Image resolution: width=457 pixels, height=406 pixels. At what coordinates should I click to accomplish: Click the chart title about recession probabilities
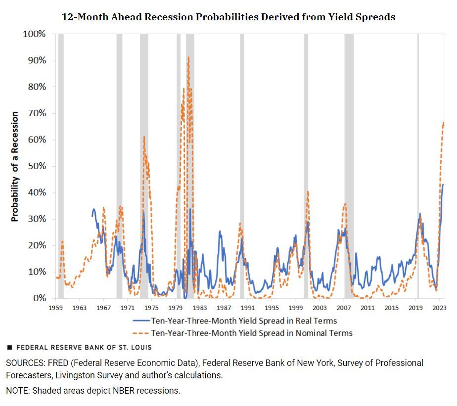coord(228,17)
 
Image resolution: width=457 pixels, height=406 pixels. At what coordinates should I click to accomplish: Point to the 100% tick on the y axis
coord(35,34)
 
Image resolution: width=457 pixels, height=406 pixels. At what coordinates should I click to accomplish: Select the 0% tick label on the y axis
coord(39,298)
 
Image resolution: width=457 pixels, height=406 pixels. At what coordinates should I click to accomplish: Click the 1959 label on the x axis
coord(56,308)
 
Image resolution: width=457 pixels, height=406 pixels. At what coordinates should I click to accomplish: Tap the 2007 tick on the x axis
coord(344,308)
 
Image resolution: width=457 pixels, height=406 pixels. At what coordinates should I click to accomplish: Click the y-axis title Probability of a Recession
coord(15,166)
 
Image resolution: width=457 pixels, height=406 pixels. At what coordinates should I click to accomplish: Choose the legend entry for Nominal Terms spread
coord(252,333)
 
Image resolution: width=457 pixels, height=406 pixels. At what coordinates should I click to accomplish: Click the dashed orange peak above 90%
coord(188,57)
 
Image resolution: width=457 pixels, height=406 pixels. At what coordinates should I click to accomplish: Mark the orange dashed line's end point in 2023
coord(444,122)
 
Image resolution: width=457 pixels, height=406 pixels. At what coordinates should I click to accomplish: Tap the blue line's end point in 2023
coord(443,185)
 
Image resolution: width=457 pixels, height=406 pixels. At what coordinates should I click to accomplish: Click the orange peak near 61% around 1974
coord(144,137)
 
